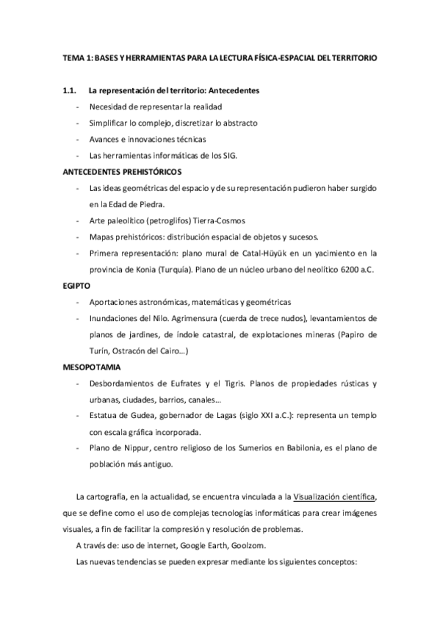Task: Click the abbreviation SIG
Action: [x=248, y=155]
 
